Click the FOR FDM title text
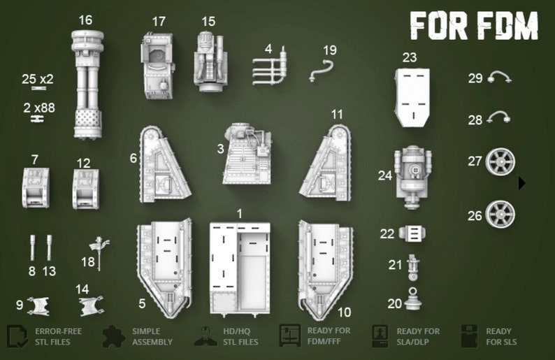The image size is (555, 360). [x=473, y=26]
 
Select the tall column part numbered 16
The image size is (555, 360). [x=87, y=84]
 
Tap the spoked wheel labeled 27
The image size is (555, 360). [x=500, y=161]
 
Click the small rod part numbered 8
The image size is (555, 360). [x=33, y=247]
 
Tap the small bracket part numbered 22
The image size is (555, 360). [x=412, y=233]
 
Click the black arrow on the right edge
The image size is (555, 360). [x=521, y=183]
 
